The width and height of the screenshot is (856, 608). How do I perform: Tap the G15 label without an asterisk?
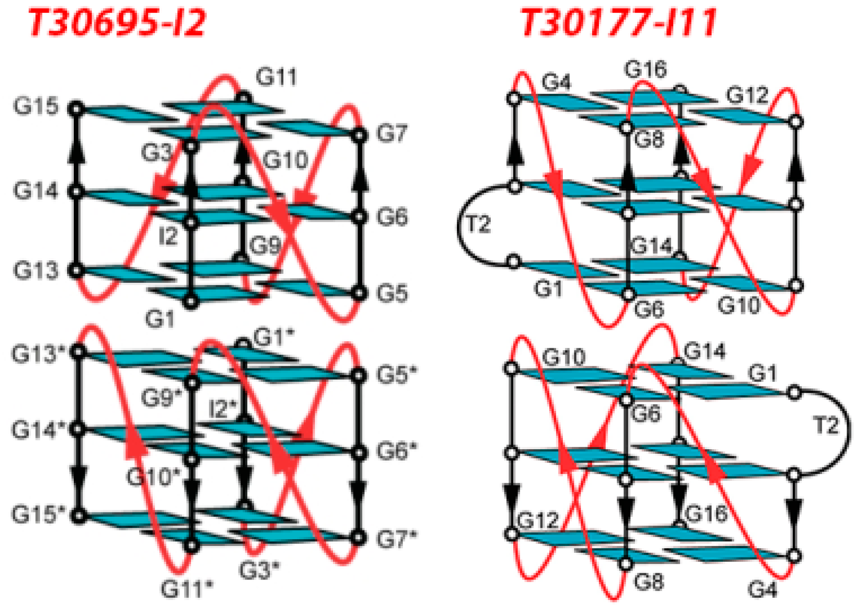tap(36, 106)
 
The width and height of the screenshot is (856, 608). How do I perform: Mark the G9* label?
tap(161, 398)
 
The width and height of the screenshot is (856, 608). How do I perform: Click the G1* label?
tap(273, 338)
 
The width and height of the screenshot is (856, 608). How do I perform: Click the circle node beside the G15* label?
tap(78, 516)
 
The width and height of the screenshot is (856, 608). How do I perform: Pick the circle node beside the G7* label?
tap(359, 538)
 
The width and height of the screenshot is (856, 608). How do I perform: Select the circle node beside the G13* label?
tap(78, 352)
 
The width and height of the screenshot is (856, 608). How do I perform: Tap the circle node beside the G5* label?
tap(359, 375)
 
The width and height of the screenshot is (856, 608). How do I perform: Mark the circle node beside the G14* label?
tap(78, 429)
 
